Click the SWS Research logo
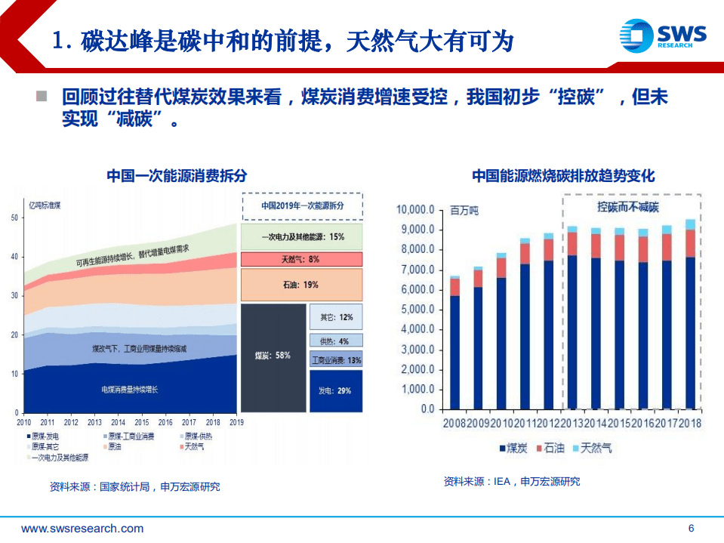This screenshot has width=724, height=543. click(x=662, y=35)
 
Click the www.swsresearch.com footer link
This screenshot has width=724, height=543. click(x=82, y=529)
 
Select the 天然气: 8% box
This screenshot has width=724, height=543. click(x=301, y=260)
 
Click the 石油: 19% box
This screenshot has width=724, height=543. click(x=301, y=285)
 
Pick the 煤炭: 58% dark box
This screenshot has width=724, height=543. click(x=273, y=356)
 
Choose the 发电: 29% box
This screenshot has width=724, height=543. click(x=335, y=390)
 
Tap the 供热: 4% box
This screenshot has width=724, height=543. click(x=335, y=341)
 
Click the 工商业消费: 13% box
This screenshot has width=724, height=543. click(x=336, y=360)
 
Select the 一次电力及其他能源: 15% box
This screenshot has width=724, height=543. click(x=301, y=236)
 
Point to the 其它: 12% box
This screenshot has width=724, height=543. click(x=335, y=318)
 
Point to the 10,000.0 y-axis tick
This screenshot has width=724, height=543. click(x=415, y=210)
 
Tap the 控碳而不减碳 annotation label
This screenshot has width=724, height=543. click(x=627, y=207)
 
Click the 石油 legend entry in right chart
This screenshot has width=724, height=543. click(x=550, y=448)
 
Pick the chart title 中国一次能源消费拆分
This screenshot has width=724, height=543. click(x=177, y=176)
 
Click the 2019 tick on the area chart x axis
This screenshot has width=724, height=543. click(x=236, y=422)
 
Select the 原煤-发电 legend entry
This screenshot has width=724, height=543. click(x=47, y=437)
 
